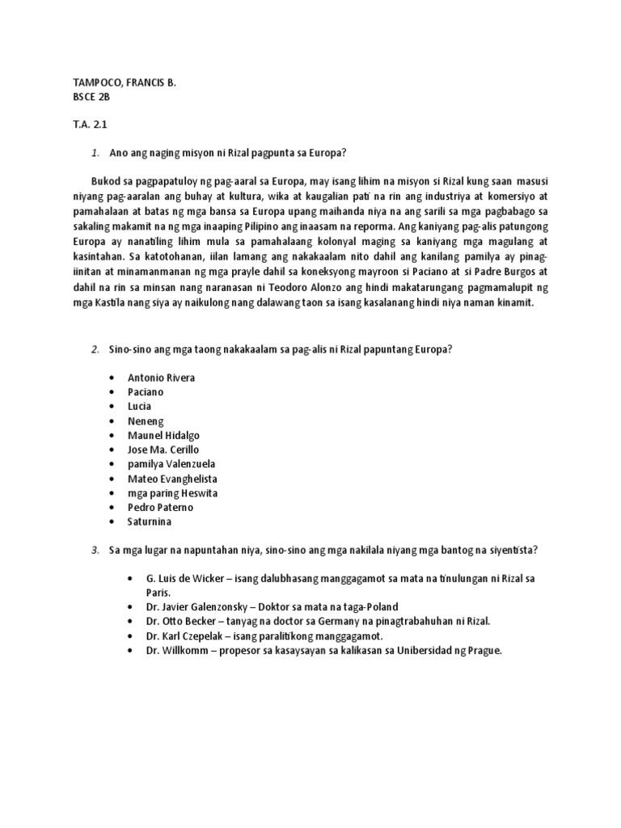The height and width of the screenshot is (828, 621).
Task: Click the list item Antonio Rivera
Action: click(x=161, y=378)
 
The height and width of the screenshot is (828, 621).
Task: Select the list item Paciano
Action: click(x=146, y=392)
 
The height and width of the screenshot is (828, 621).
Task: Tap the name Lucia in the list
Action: click(x=139, y=406)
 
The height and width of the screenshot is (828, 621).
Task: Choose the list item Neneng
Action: click(x=146, y=421)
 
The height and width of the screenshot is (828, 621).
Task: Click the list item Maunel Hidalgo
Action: click(x=163, y=435)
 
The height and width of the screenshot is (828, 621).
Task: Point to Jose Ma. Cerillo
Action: click(x=163, y=450)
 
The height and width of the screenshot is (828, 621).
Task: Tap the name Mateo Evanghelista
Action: click(x=172, y=479)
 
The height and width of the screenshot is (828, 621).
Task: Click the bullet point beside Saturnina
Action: click(x=110, y=522)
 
